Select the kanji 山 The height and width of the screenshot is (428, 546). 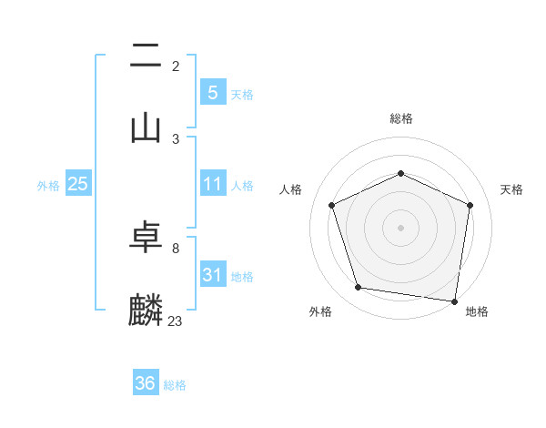[146, 127]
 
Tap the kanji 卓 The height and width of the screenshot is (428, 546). [146, 238]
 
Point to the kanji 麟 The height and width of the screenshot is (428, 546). [146, 310]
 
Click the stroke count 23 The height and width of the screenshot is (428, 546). [175, 321]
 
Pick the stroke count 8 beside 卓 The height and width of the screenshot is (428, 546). [175, 248]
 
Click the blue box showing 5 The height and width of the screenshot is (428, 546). [212, 92]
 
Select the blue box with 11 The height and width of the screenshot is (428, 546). [212, 184]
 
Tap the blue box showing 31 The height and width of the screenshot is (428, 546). [212, 274]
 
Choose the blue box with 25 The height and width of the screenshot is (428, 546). [78, 184]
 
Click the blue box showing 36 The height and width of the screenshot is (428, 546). [146, 383]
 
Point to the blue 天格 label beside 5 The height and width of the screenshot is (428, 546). [242, 94]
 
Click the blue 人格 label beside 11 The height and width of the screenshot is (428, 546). [242, 186]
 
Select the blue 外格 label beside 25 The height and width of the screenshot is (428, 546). [48, 186]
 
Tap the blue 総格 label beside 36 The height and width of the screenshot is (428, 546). [175, 385]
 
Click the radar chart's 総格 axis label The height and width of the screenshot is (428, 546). [400, 118]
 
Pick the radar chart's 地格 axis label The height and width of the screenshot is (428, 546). [477, 311]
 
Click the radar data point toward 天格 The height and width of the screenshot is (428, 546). [470, 205]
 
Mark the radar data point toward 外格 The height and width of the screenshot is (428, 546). [359, 288]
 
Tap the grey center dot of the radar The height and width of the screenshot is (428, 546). [400, 228]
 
